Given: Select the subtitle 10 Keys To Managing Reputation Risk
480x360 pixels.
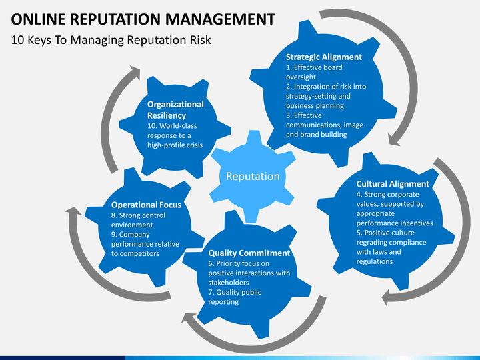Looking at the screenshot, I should pyautogui.click(x=111, y=40).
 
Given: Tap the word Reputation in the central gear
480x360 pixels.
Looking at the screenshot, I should pyautogui.click(x=253, y=176).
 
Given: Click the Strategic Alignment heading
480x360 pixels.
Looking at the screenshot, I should pyautogui.click(x=324, y=57).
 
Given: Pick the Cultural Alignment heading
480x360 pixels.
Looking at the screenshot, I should pyautogui.click(x=393, y=183).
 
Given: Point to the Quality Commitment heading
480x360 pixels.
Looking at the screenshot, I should pyautogui.click(x=249, y=253).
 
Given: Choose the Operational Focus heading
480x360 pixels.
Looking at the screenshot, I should pyautogui.click(x=146, y=205).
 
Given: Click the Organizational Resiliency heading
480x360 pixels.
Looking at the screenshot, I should pyautogui.click(x=175, y=110).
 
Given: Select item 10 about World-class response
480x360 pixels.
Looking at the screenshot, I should pyautogui.click(x=175, y=135).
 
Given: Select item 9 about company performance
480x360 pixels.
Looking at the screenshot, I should pyautogui.click(x=145, y=244).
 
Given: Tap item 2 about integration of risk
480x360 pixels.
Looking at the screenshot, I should pyautogui.click(x=325, y=96).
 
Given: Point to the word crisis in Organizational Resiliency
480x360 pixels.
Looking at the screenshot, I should pyautogui.click(x=191, y=145).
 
